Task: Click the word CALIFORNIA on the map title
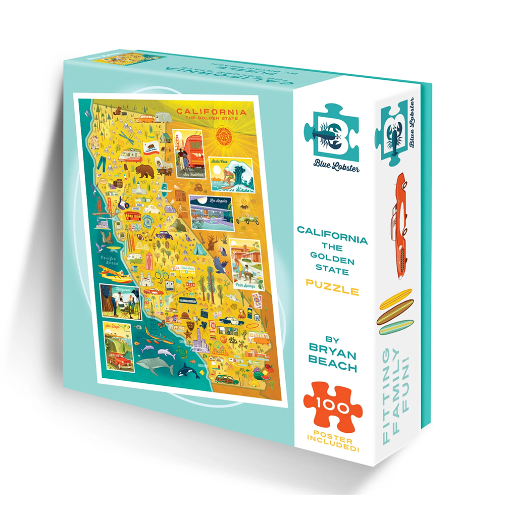(211, 112)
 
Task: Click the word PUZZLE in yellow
(332, 291)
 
